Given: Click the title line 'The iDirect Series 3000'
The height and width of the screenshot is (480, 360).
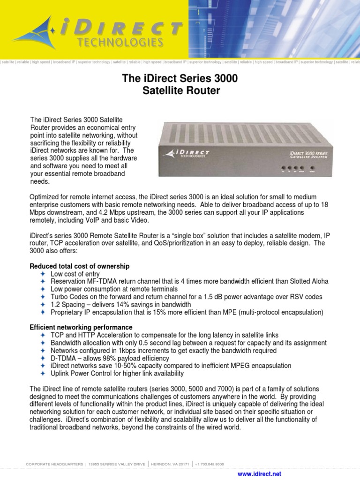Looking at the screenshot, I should pyautogui.click(x=180, y=79).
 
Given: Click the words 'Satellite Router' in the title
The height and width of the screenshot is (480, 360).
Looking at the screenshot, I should pyautogui.click(x=181, y=91).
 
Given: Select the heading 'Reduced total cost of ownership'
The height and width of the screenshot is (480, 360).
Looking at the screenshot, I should pyautogui.click(x=79, y=266).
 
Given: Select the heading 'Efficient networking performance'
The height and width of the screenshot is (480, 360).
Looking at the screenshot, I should pyautogui.click(x=81, y=327).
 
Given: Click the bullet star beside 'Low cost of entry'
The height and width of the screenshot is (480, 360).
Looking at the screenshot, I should pyautogui.click(x=42, y=274).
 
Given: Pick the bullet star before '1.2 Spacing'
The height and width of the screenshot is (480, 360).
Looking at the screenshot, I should pyautogui.click(x=42, y=305).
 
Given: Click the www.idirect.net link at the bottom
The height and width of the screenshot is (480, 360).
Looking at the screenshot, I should pyautogui.click(x=260, y=474).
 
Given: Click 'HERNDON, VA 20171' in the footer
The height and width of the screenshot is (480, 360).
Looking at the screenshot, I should pyautogui.click(x=169, y=464).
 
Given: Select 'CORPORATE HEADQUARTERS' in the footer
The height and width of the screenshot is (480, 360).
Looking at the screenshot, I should pyautogui.click(x=54, y=464).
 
